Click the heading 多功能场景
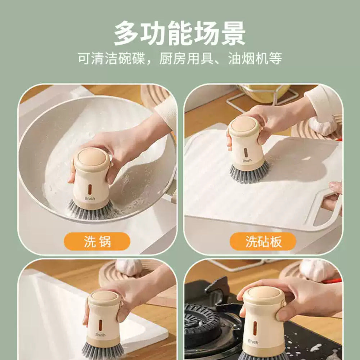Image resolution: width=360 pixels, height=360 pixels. click(x=180, y=33)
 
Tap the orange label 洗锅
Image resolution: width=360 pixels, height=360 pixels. click(x=97, y=242)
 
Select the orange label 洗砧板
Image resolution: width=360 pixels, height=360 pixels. click(x=263, y=242)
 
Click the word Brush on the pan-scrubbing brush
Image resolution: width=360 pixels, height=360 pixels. click(x=90, y=198)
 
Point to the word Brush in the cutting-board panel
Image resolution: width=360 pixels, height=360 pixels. click(x=247, y=161)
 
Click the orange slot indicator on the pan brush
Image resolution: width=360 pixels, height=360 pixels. click(x=89, y=189)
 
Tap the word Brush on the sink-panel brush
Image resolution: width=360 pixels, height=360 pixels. click(x=100, y=335)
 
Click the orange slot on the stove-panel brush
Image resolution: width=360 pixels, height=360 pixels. click(x=255, y=328)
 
